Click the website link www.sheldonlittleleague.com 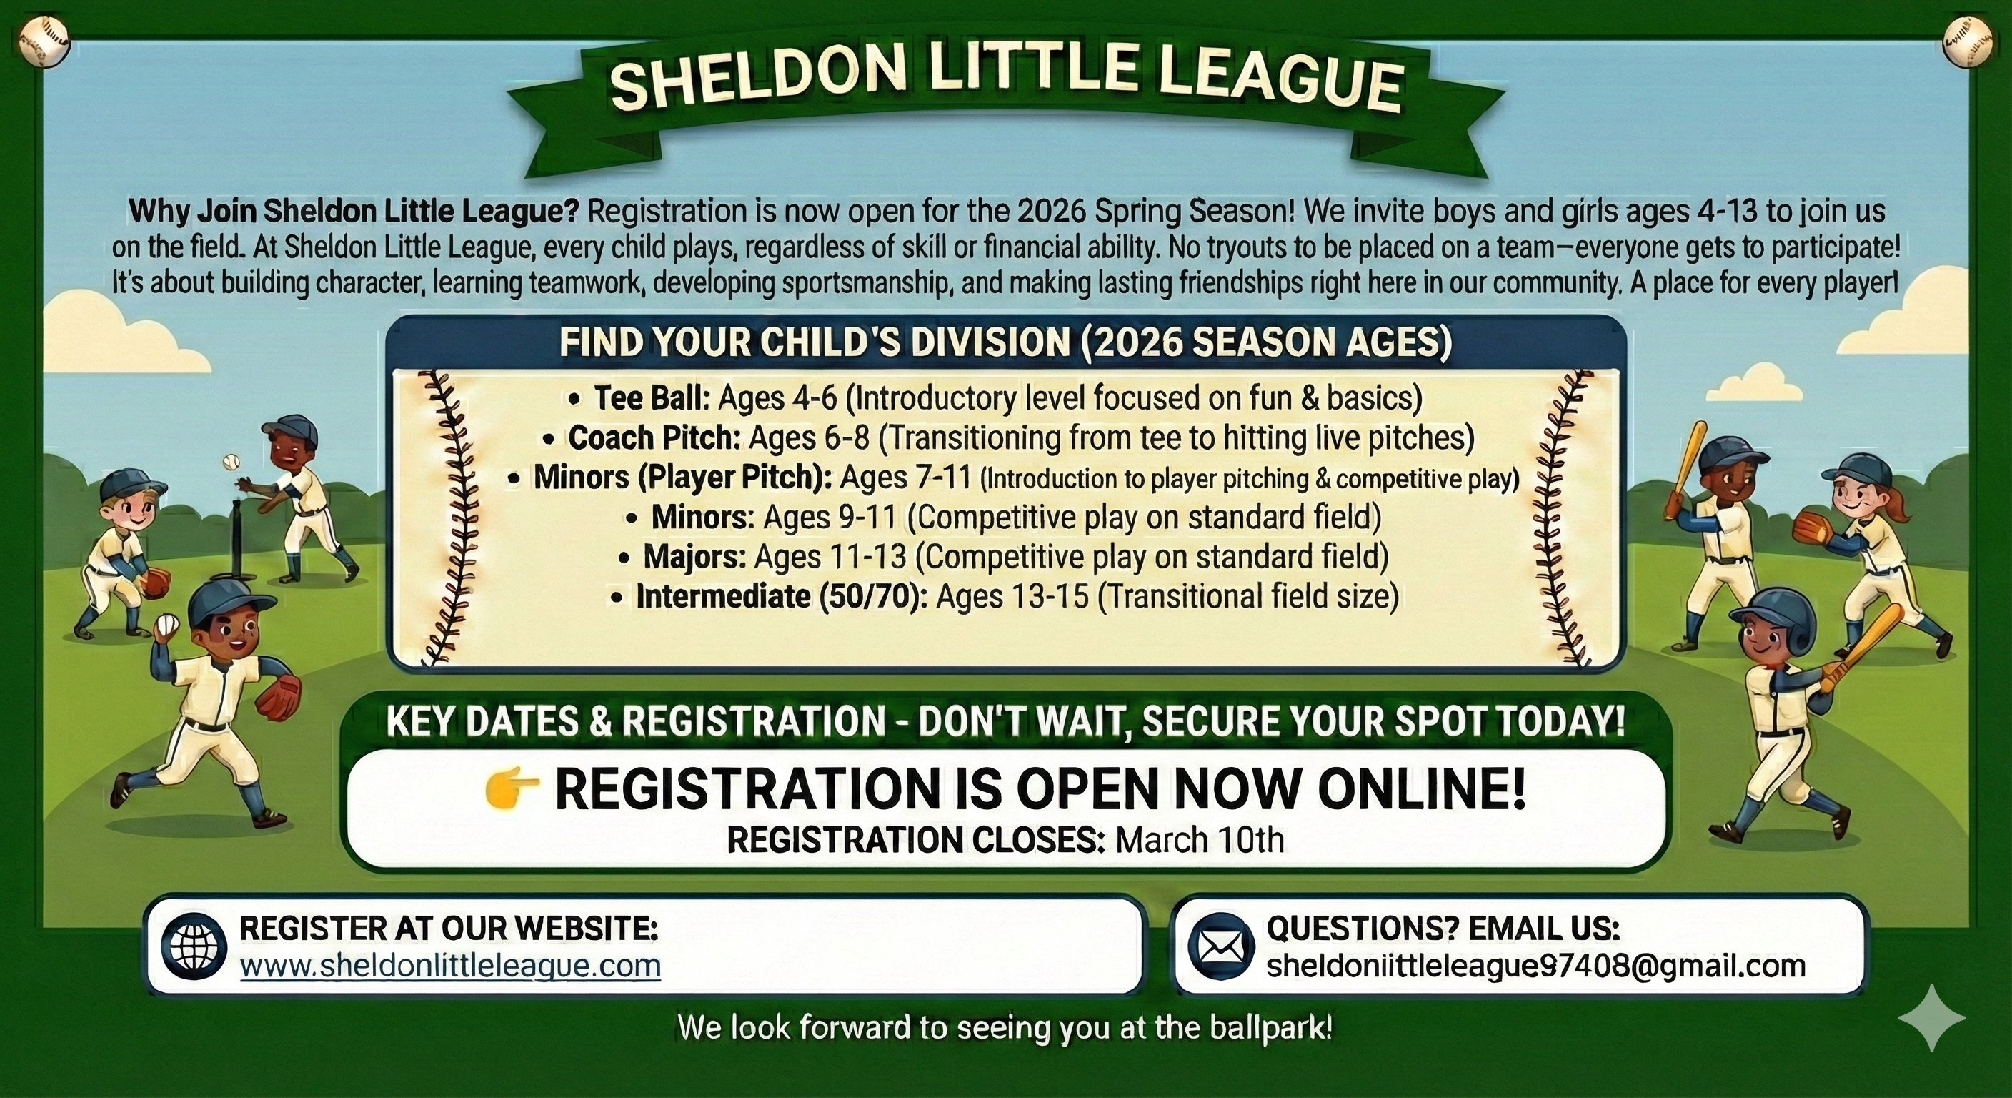(451, 966)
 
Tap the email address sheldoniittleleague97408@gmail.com (1535, 966)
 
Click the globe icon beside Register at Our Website (194, 946)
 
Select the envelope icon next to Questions (1221, 946)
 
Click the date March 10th (1200, 840)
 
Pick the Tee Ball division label (652, 397)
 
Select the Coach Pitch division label (654, 437)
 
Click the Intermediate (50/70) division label (782, 597)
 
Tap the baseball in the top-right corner (1968, 42)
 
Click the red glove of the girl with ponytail (1811, 528)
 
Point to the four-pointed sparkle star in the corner (1931, 1017)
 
